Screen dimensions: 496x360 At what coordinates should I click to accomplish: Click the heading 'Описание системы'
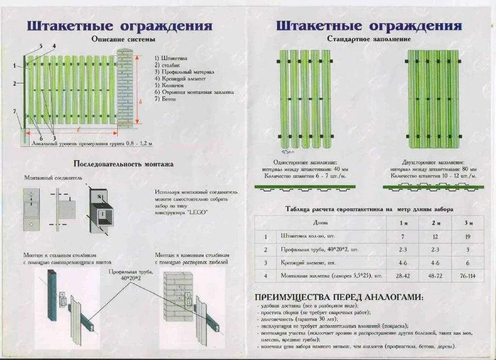tap(123, 39)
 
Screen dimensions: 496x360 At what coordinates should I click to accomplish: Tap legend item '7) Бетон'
tap(166, 99)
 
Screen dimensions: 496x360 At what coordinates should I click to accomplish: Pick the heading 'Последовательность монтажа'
tap(123, 164)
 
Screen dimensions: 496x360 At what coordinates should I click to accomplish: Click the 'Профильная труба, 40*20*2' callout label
tap(131, 275)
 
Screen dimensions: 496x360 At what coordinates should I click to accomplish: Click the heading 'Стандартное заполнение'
tap(369, 39)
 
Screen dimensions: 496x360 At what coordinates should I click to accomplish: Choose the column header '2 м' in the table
tap(435, 223)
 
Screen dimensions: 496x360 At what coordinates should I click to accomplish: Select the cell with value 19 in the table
tap(467, 237)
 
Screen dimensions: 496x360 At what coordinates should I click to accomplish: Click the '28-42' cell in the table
tap(403, 276)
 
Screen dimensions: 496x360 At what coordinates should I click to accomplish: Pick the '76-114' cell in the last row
tap(467, 276)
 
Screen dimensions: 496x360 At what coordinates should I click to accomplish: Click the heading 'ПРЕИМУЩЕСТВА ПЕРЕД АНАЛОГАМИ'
tap(339, 297)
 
